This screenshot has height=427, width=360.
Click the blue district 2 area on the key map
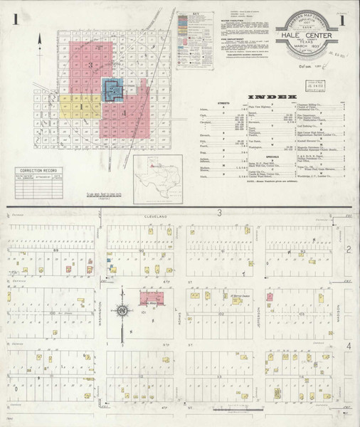click(x=112, y=90)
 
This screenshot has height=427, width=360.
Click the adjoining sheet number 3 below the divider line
click(x=221, y=213)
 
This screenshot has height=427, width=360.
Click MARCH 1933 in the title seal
click(x=307, y=57)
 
